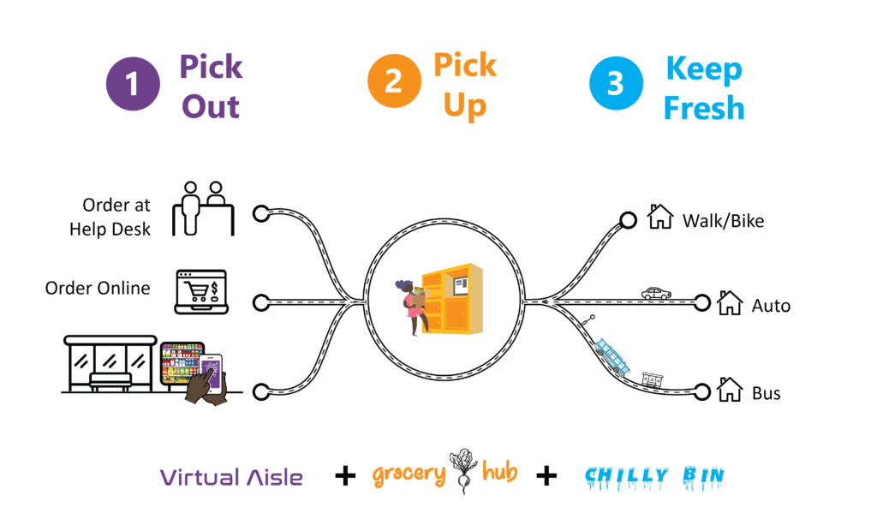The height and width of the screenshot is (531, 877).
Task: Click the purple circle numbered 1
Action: point(133,85)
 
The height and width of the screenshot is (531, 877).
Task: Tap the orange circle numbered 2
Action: point(394,81)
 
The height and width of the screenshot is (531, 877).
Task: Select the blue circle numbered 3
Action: point(616,84)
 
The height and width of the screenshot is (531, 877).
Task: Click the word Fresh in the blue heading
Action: point(704,109)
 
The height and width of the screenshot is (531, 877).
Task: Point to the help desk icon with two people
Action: point(203,208)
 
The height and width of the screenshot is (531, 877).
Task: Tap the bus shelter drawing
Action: point(110,365)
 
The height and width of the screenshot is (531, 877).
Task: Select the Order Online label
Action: point(98,289)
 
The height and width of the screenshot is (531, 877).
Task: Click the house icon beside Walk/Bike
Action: point(660,217)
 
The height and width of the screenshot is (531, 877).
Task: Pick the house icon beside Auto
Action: point(729,302)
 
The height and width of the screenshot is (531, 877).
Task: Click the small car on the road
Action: point(656,293)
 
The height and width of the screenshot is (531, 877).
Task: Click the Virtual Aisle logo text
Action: point(231,477)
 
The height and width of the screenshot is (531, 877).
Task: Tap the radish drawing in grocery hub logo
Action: point(464,469)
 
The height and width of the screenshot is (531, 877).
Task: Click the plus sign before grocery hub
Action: point(345,476)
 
